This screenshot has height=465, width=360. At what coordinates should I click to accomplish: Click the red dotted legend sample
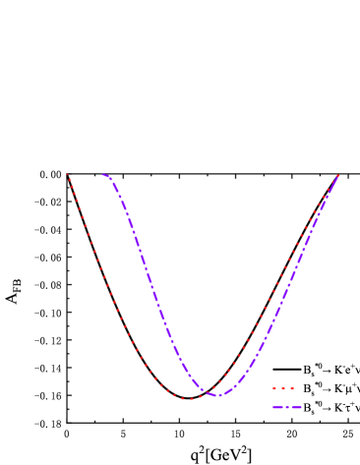(283, 388)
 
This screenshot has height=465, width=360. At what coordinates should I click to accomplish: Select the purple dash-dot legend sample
(286, 406)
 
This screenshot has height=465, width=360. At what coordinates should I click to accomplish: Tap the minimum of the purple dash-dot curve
(218, 395)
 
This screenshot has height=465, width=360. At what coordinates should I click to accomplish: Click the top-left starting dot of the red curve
(67, 174)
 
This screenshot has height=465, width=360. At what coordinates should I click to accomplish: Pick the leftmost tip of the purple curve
(102, 175)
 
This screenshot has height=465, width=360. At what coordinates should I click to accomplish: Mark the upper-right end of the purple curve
(338, 176)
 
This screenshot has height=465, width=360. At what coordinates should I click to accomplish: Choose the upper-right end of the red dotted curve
(337, 176)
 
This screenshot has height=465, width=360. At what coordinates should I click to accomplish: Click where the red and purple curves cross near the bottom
(210, 392)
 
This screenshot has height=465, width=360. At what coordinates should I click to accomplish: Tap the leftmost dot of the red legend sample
(274, 388)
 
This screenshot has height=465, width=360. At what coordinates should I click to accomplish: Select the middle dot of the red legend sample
(283, 388)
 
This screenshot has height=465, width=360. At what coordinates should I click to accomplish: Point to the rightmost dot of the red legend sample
(292, 388)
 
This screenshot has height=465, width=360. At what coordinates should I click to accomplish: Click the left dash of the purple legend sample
(277, 406)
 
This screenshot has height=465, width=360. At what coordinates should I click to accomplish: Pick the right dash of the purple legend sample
(295, 406)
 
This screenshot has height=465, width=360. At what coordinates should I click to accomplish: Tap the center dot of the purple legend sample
(286, 406)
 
